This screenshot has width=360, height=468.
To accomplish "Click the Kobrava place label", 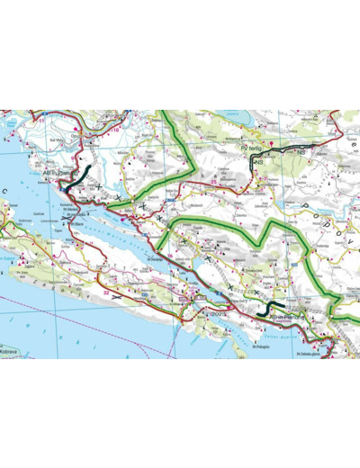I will tap(10, 349).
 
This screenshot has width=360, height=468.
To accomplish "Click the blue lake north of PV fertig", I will tap(236, 117).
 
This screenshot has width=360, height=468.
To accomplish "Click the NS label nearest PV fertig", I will tap(258, 163).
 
